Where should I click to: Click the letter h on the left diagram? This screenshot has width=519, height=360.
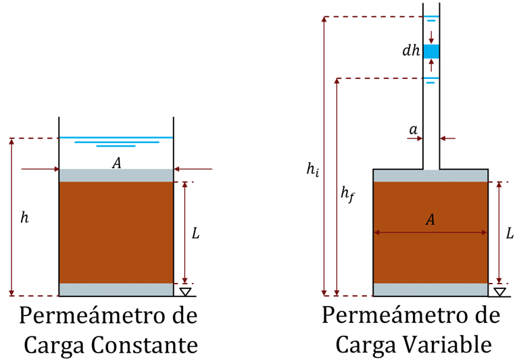(25, 219)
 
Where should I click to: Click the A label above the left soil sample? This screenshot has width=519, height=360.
(116, 162)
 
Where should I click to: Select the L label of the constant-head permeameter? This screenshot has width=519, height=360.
(196, 234)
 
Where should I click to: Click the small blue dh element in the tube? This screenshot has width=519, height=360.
(431, 51)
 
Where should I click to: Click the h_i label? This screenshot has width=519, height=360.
(313, 170)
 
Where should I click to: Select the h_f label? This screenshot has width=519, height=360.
(347, 195)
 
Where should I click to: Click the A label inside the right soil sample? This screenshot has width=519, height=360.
(430, 220)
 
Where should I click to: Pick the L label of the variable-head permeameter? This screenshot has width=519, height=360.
(510, 234)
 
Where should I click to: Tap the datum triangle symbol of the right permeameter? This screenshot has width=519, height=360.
(499, 291)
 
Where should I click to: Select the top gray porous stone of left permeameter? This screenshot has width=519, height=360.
(116, 176)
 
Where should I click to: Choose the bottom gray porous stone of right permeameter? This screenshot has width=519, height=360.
(430, 290)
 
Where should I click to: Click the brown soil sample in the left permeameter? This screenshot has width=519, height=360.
(116, 232)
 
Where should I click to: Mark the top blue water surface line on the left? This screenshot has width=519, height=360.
(116, 138)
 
